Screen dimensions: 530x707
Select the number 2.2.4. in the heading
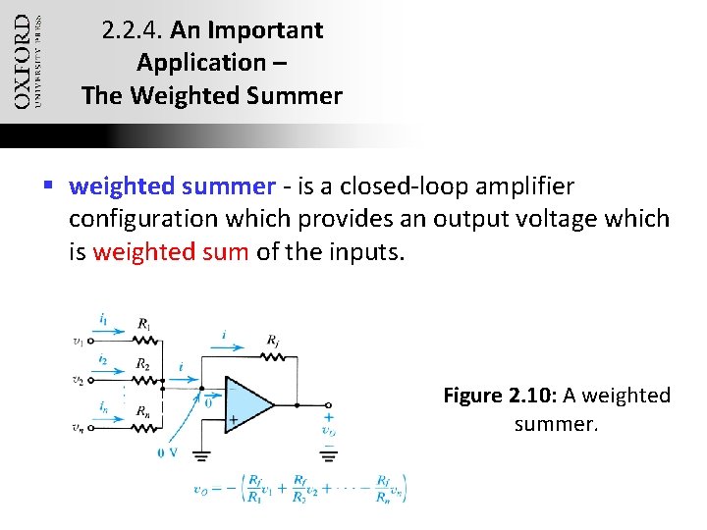point(133,30)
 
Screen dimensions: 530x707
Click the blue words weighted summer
point(173,185)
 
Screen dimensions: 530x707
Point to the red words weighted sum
point(171,252)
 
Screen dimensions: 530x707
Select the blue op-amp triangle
point(247,403)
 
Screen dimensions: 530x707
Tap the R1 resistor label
point(144,323)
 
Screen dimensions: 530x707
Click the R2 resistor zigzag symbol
point(144,380)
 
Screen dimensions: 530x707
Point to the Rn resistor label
point(144,410)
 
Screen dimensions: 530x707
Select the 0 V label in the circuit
point(167,452)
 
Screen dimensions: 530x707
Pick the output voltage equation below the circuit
point(300,487)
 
